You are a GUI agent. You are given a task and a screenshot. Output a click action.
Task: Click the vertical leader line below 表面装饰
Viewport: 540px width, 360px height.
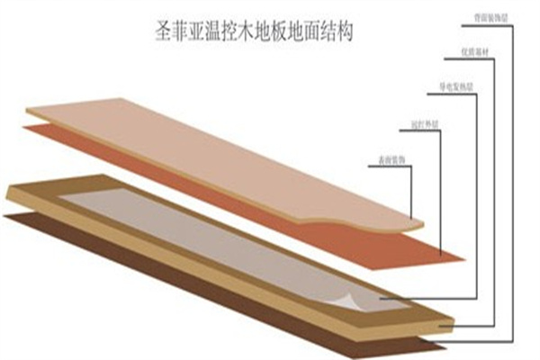412,193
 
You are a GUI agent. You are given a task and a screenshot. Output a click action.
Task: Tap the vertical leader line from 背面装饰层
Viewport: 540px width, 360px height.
513,180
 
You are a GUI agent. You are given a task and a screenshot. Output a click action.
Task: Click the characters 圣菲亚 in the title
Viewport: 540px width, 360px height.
174,33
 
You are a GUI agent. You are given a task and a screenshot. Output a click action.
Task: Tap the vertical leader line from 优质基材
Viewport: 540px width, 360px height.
490,189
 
